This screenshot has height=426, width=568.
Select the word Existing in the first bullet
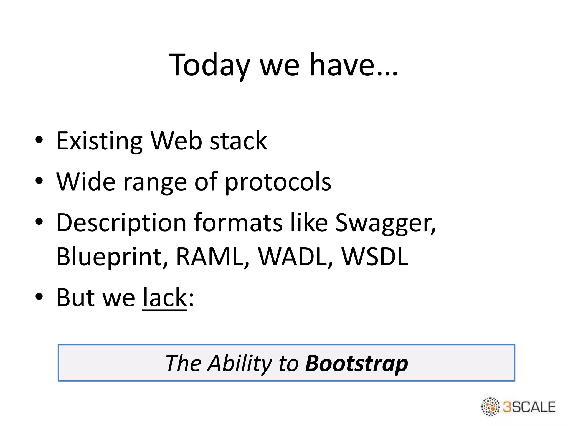click(99, 141)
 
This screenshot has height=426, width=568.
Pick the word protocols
click(278, 182)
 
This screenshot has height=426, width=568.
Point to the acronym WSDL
click(375, 257)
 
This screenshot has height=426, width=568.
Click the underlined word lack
click(165, 298)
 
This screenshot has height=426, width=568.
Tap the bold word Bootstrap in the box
click(356, 363)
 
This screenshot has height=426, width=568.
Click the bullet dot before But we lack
click(39, 296)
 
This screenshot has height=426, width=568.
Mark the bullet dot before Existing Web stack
click(39, 140)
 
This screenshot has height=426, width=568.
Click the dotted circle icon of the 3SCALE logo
click(490, 407)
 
